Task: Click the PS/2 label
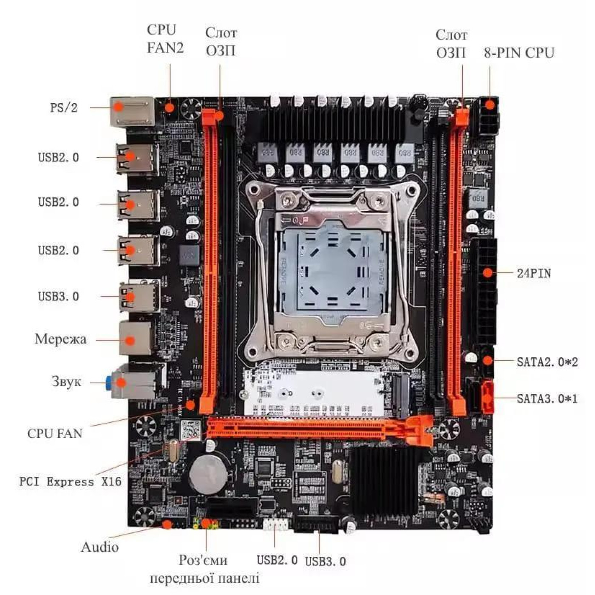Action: coord(64,107)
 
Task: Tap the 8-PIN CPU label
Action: coord(519,53)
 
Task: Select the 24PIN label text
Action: coord(533,273)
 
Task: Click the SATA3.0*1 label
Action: coord(547,399)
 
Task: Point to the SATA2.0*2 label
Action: coord(547,362)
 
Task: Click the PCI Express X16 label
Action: coord(70,482)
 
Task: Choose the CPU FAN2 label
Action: coord(165,39)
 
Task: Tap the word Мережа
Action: coord(60,339)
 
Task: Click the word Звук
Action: coord(66,381)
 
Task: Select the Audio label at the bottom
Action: coord(99,547)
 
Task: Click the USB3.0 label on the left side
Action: coord(58,296)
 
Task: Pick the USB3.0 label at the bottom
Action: coord(325,561)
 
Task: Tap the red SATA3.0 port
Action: coord(487,397)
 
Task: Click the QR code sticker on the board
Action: coord(190,430)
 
